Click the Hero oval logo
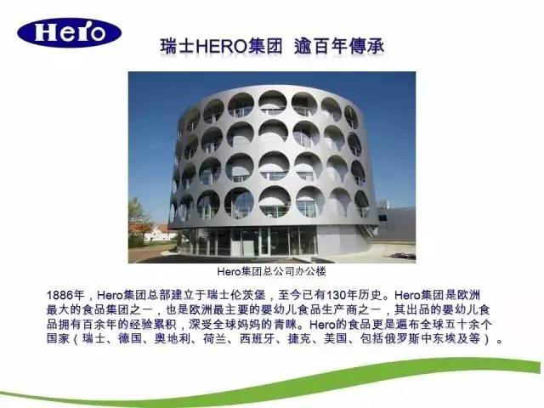pyautogui.click(x=69, y=33)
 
